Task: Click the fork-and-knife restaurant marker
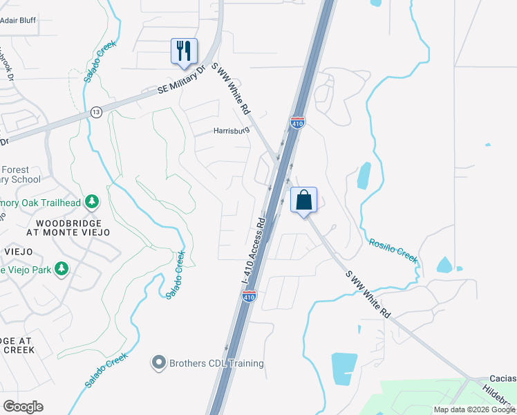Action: pos(184,51)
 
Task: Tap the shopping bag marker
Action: pos(303,201)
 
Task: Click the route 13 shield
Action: pos(96,112)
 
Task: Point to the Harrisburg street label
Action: pos(231,131)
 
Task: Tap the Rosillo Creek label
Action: pos(393,250)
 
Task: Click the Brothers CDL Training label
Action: pos(217,362)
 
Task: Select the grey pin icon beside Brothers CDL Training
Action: pos(158,362)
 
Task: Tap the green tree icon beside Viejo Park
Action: pos(62,268)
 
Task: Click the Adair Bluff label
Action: pos(18,21)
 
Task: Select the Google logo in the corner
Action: pos(23,406)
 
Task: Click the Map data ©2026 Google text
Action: pos(474,409)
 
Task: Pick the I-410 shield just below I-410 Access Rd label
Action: pos(250,296)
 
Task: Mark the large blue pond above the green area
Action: pos(344,368)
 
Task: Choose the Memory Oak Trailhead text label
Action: pos(41,203)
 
